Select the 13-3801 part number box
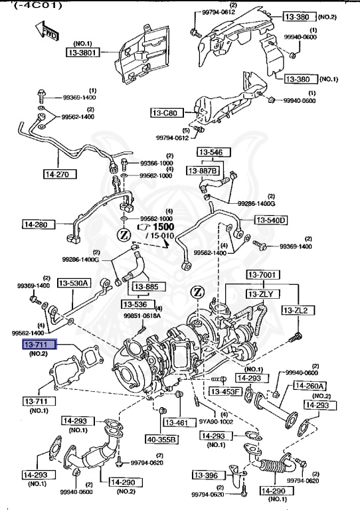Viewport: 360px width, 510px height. coord(86,51)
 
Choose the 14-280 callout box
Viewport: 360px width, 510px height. coord(39,224)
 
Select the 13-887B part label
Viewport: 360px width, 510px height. coord(203,171)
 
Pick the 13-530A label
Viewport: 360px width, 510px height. coord(74,283)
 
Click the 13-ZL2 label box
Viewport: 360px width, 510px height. coord(297,310)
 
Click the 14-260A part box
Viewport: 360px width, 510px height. coord(312,386)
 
